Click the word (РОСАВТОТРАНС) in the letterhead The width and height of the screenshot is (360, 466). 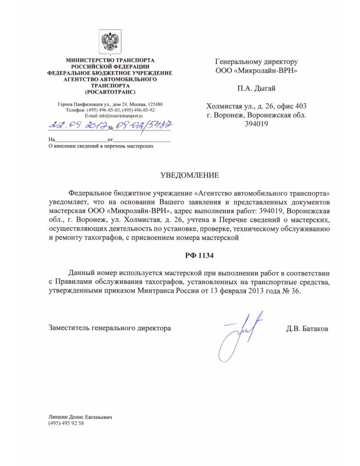tap(110, 91)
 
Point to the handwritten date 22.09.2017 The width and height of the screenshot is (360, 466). tap(73, 125)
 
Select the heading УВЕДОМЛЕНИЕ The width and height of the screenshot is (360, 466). tap(189, 175)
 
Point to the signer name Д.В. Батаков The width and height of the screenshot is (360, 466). tap(307, 329)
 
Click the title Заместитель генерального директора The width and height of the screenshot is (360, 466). tap(110, 329)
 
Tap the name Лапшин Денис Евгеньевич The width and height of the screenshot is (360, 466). tap(80, 417)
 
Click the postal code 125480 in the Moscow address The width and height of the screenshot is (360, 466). tap(154, 104)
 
